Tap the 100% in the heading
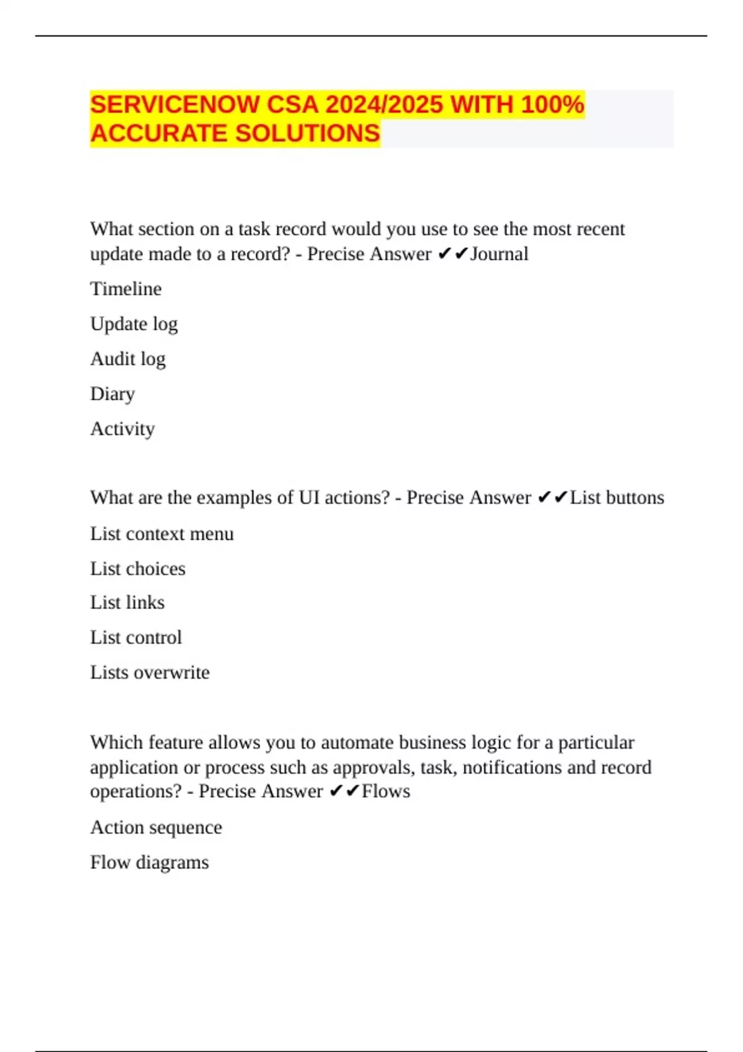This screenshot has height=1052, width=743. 552,104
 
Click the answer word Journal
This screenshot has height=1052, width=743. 498,254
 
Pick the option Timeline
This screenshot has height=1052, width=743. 126,289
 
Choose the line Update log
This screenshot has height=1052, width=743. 134,324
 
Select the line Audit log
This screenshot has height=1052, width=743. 128,359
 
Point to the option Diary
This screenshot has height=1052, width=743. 112,394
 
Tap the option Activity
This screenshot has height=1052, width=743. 122,429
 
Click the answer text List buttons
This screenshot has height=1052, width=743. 617,498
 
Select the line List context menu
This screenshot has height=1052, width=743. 162,533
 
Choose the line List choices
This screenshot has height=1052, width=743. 137,569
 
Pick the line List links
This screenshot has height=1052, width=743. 127,603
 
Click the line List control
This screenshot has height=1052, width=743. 136,637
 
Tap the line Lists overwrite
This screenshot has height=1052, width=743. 150,673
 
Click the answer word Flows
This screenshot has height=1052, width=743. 386,791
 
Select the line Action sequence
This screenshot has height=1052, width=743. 156,827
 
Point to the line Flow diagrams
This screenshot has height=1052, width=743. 149,862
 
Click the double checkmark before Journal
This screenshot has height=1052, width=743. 453,254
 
